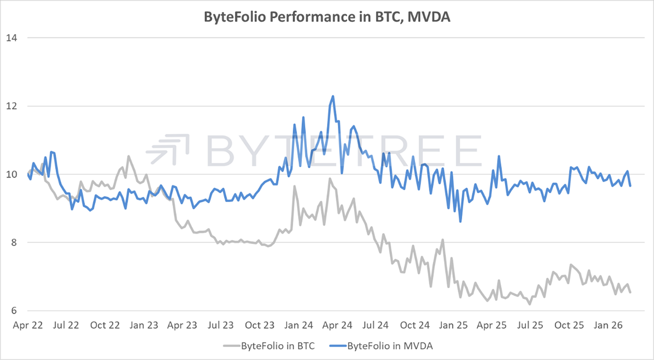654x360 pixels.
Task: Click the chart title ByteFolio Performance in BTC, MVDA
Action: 327,17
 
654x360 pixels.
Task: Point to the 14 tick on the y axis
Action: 11,38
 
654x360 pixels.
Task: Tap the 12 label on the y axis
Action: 11,106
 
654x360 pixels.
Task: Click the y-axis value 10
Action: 11,174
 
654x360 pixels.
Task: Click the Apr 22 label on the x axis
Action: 27,325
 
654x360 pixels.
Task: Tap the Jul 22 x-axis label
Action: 66,325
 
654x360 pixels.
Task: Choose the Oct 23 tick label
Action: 260,325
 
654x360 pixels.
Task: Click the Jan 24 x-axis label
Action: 299,325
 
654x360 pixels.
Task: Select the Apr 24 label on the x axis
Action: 338,325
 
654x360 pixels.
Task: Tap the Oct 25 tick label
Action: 569,325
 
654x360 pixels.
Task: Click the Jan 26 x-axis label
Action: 608,325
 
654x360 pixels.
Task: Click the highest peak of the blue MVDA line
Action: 332,96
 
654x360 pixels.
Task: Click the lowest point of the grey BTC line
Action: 529,304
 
